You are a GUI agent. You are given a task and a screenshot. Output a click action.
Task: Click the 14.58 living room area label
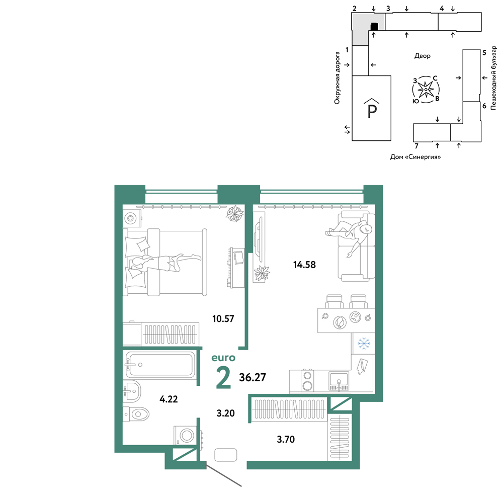point(304,265)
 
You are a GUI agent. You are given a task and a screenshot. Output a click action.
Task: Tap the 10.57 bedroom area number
point(223,318)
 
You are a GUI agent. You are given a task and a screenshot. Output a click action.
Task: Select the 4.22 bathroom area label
point(169,399)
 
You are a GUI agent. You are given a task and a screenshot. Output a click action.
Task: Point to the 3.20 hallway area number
point(225,413)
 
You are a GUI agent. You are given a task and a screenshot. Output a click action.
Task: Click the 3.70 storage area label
point(286,439)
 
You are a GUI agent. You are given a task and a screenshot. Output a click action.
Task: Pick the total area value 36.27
point(253,377)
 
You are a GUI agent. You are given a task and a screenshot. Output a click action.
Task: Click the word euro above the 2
point(223,358)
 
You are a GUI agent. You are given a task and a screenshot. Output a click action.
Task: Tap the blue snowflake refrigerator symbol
point(364,343)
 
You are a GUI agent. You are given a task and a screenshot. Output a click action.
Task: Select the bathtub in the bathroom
point(160,365)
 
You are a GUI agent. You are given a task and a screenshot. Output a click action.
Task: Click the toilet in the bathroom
point(136,414)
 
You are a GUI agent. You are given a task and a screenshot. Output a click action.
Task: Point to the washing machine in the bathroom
point(185,435)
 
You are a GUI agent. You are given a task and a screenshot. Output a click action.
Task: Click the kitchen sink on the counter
point(339,381)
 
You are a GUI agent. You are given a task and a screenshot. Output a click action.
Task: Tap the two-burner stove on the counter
point(307,380)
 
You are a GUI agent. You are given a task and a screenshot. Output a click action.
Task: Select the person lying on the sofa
point(350,234)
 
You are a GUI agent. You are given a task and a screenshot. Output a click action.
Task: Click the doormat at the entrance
point(225,455)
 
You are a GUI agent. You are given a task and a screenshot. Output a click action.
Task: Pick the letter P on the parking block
point(372,111)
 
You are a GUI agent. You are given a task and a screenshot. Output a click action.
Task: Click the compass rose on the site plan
point(426,90)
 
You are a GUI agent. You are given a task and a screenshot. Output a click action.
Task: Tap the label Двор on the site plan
point(422,56)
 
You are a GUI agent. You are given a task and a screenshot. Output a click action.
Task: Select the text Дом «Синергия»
point(415,157)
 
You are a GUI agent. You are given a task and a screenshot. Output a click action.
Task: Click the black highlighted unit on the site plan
point(374,27)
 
